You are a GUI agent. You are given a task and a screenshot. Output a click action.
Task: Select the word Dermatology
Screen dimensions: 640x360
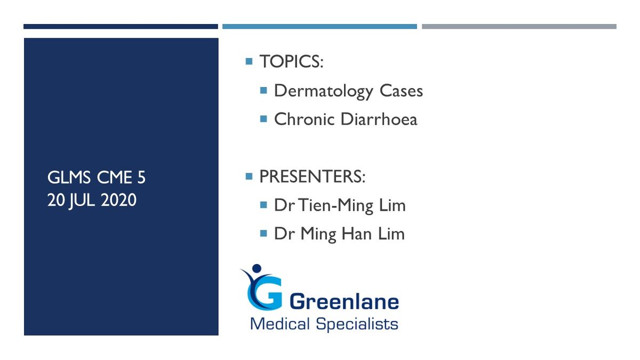324,92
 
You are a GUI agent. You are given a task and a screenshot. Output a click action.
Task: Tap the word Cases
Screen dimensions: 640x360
401,91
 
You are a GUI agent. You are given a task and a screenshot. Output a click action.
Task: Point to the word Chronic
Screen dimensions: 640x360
305,119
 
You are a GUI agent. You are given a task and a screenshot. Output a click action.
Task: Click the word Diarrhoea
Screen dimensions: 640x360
379,119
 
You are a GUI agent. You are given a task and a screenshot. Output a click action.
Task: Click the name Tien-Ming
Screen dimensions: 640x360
336,206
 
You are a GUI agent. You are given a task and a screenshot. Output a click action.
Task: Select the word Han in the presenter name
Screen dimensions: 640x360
356,234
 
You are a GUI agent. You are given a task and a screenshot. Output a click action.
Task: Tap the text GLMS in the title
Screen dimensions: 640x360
69,178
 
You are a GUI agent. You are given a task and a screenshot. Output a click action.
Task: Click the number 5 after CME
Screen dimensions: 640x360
141,178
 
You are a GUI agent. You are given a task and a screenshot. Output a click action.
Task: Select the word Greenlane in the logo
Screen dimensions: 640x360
344,302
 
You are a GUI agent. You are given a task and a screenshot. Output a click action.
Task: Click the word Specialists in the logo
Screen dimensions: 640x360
357,324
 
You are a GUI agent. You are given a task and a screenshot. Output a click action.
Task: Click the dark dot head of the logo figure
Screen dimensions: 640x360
257,268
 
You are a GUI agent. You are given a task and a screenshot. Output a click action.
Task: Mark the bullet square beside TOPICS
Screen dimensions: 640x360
249,61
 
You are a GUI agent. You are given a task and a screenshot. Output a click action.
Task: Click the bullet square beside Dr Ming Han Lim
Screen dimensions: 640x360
263,234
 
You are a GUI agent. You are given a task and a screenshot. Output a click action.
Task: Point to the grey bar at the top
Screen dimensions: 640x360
519,27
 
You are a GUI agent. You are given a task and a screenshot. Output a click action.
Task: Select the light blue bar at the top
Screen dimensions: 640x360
319,27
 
